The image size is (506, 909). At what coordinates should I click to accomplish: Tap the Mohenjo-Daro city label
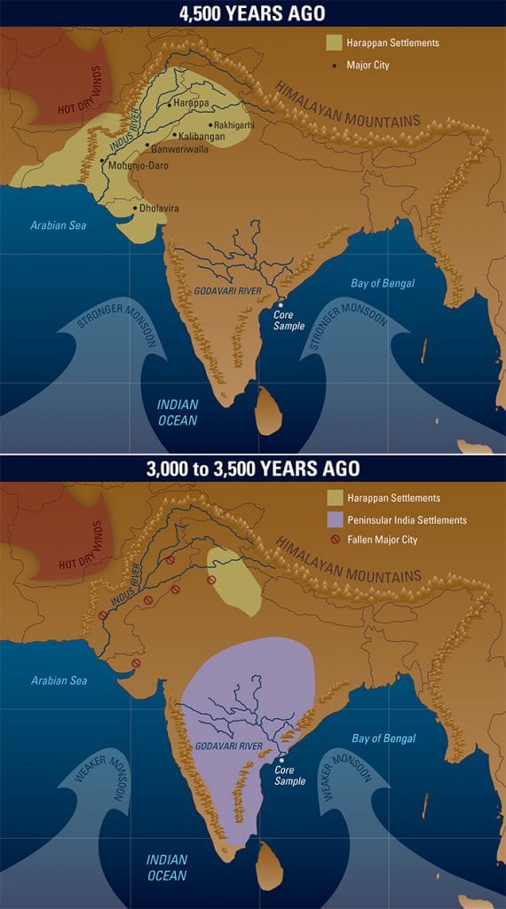(139, 165)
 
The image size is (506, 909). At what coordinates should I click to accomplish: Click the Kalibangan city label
(202, 137)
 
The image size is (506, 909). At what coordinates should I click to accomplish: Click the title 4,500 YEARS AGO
(252, 13)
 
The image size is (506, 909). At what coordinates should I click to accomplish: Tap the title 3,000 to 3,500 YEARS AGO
(252, 468)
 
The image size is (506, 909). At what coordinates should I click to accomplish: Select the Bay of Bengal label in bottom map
(383, 739)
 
